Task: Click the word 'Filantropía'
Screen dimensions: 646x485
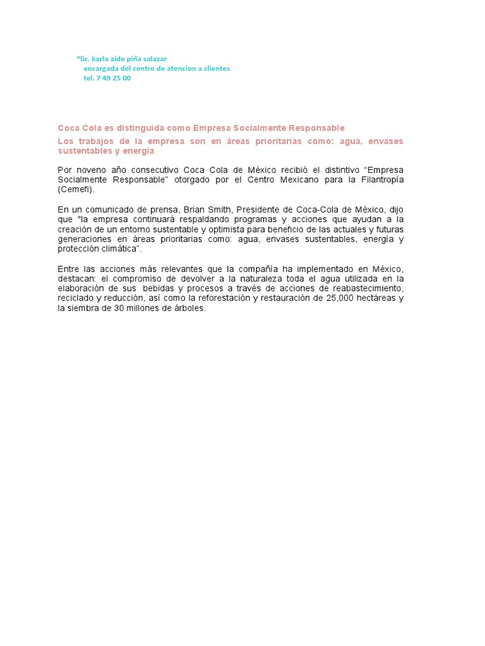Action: point(377,180)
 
